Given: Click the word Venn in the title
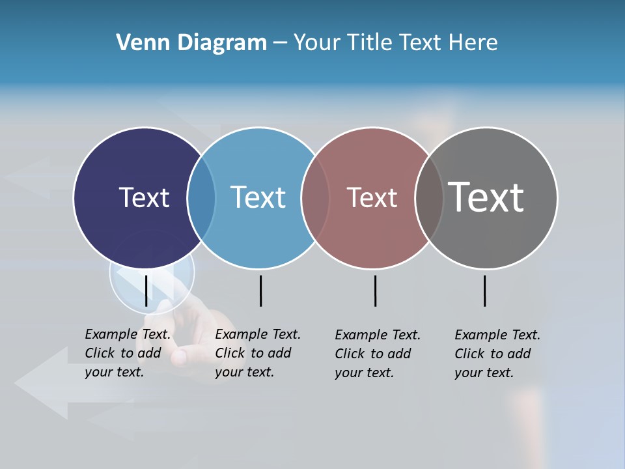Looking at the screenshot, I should point(135,43).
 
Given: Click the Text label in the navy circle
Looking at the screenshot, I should point(144,197).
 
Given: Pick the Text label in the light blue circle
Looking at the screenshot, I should point(258,197).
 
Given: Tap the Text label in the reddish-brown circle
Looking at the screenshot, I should point(372,197).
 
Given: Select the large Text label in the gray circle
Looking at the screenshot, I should point(486,197).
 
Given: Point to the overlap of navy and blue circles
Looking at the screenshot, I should point(201,197).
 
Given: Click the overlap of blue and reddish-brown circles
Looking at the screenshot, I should point(315,197).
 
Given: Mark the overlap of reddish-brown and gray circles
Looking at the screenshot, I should point(429,197).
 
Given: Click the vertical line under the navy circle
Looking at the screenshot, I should point(146,291).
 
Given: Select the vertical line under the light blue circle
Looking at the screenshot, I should point(260,291).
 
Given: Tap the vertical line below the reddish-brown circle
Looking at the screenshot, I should point(375,291).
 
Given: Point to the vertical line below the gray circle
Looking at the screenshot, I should point(484,291).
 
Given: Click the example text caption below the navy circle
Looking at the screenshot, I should point(127,353).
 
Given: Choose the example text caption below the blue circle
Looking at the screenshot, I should point(257,353).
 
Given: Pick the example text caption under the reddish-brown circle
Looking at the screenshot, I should point(377,354).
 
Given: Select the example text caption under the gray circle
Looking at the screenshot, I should point(497,354).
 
